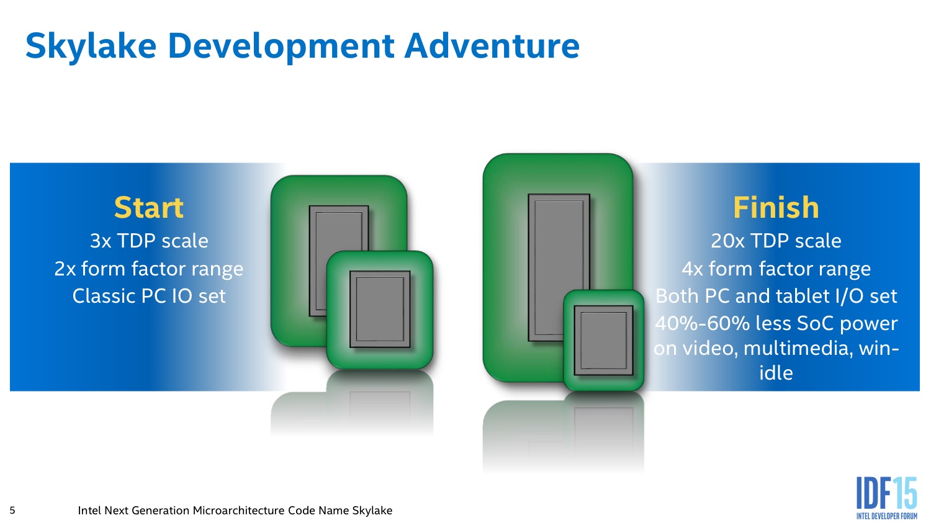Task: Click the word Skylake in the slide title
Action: point(91,47)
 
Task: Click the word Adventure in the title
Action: point(492,46)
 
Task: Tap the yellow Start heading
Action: point(149,207)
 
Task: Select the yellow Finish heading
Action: point(776,207)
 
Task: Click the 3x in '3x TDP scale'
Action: point(101,241)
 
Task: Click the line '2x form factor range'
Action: point(149,269)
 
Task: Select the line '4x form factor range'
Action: point(776,269)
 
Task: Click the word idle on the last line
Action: point(776,372)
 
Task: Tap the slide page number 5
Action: point(12,511)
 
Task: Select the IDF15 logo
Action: point(886,498)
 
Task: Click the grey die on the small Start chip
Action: point(380,309)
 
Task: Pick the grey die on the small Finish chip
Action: point(603,341)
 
